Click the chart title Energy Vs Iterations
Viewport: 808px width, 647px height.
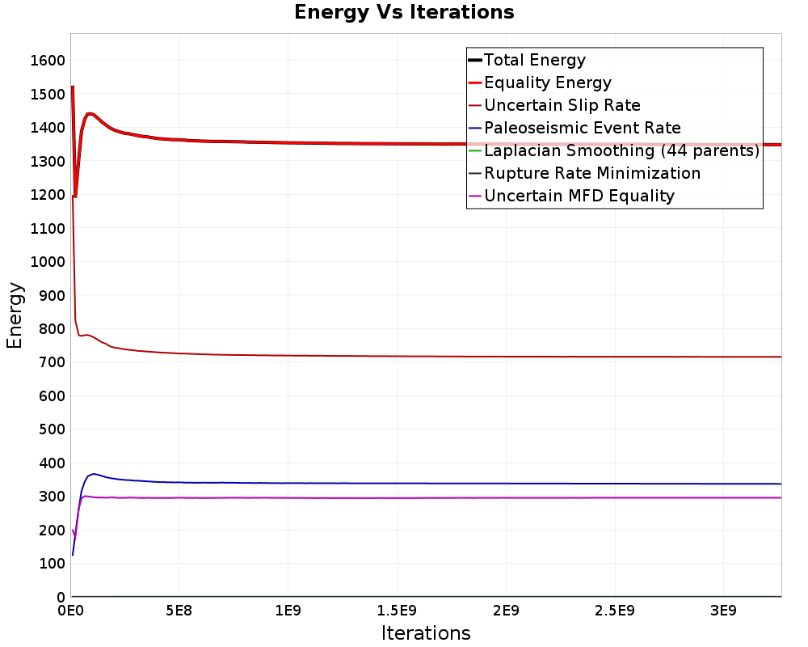[x=404, y=12]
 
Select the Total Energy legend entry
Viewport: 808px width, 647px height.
[x=527, y=60]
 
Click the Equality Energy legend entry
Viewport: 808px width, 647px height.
[x=540, y=82]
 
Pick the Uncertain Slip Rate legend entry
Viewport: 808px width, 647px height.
[x=554, y=105]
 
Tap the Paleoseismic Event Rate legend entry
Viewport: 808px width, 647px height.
[x=574, y=128]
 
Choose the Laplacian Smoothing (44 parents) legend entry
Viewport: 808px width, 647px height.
[x=614, y=150]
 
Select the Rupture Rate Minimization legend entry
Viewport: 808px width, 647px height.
[x=584, y=173]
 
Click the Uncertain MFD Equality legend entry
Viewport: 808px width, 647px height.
[x=571, y=196]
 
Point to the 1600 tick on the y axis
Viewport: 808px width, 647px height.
[x=48, y=61]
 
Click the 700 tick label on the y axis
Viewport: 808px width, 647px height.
[x=52, y=362]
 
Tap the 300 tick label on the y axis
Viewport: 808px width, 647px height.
[x=52, y=497]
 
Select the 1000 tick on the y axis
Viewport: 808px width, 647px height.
[x=48, y=261]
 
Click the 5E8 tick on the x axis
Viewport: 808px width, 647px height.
[x=179, y=611]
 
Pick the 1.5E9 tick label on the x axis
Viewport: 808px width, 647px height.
[x=397, y=611]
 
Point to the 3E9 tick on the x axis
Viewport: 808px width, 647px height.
[x=723, y=611]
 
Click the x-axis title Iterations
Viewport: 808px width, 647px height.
[x=426, y=633]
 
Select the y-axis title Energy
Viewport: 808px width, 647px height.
[x=15, y=315]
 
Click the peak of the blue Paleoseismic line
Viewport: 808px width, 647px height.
[x=93, y=474]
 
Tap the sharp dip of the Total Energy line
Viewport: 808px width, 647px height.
[x=75, y=197]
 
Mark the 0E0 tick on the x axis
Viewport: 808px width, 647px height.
[x=70, y=611]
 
